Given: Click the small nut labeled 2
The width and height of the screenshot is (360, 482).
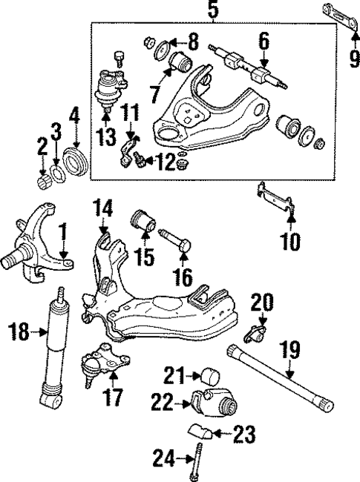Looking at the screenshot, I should click(43, 179).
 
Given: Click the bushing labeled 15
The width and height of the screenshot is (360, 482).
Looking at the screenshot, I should click(142, 220).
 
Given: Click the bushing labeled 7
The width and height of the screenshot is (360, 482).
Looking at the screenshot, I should click(180, 62).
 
